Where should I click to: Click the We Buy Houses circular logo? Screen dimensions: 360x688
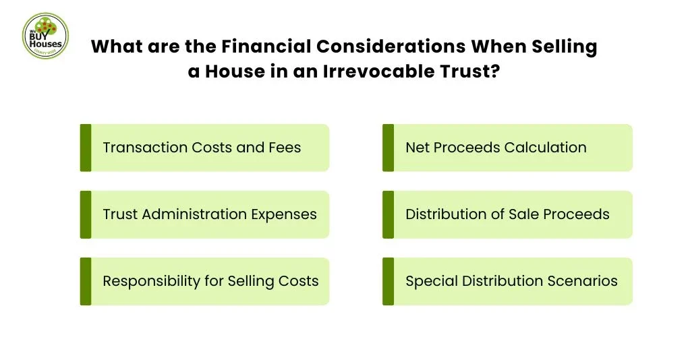(45, 35)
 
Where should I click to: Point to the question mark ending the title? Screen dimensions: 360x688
(495, 71)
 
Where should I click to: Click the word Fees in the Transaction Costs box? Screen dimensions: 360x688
(285, 147)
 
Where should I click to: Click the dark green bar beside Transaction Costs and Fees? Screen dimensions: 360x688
(86, 148)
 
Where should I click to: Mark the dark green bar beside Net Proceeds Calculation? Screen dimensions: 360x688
(388, 148)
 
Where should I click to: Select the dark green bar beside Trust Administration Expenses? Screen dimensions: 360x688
(86, 214)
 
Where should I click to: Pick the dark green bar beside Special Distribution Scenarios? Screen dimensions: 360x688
(388, 281)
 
